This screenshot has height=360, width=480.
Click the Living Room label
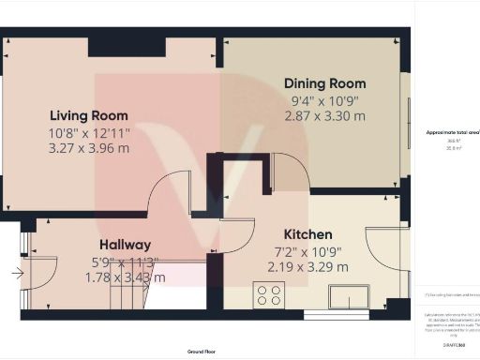tap(89, 115)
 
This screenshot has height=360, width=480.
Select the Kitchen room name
tap(308, 234)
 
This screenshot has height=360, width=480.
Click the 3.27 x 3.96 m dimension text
tap(89, 147)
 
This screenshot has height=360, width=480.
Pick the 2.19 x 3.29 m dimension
tap(308, 266)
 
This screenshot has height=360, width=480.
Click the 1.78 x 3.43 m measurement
tap(125, 277)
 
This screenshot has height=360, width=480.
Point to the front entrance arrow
tap(17, 274)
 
